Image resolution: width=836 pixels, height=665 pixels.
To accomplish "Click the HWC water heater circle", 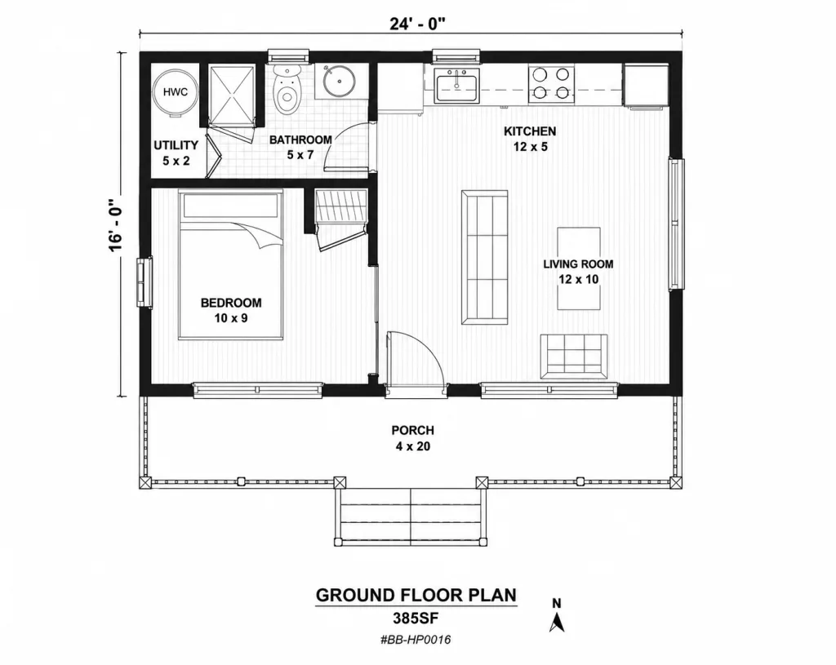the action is pos(175,92).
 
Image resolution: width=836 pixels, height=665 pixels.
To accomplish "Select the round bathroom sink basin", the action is pos(338,82).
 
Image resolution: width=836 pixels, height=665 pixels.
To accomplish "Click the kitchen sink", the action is pos(457,86).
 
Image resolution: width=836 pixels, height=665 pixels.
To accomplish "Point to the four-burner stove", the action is pos(551,83).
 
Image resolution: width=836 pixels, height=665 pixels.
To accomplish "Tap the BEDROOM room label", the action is pos(231,303).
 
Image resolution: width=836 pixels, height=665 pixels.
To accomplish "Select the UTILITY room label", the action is pos(176,145).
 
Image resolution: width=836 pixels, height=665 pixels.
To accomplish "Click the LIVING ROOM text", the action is pos(578,264).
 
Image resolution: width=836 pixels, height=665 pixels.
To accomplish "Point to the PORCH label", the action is pos(412,430).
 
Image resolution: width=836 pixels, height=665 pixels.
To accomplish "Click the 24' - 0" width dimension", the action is pos(417,24).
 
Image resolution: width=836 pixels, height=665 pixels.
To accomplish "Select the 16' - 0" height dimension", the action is pos(116,225).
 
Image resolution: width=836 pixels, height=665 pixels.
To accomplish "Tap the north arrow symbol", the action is pos(557,621).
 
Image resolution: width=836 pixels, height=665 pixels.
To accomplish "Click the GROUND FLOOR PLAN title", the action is pos(416,595).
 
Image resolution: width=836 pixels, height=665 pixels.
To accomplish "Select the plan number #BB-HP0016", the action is pos(416,640).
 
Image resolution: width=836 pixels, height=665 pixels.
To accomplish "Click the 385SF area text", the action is pos(416,618).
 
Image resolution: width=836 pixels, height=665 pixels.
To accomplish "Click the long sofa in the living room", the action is pos(484,257).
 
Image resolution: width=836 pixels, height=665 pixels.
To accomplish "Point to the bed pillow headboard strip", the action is pos(231,205).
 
